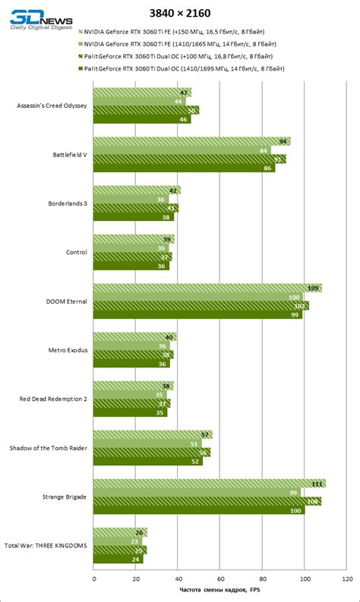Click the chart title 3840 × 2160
180,13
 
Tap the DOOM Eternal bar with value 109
207,288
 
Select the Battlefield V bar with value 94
191,141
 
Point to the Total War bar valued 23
118,541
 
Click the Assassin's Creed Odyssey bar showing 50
146,111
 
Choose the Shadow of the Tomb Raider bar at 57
152,435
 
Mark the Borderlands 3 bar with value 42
137,191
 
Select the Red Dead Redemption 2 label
54,399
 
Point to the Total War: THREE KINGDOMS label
46,545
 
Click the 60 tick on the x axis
220,578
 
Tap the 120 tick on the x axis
347,578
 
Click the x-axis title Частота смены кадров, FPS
219,591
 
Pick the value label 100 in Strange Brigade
295,511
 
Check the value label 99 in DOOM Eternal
294,314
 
